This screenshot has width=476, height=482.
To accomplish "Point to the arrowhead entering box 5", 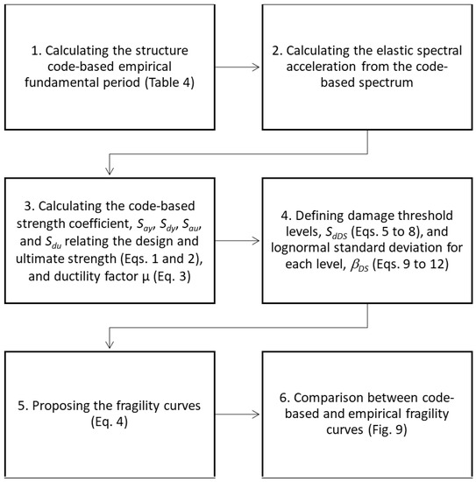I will tap(108, 344).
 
